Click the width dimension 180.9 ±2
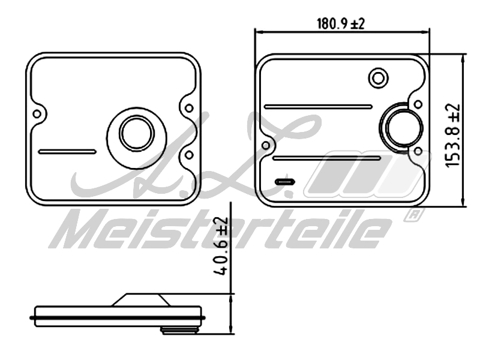click(x=341, y=24)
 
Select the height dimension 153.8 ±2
click(x=453, y=135)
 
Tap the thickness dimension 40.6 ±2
click(x=223, y=245)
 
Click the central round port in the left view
click(x=136, y=133)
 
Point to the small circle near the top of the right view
click(x=378, y=77)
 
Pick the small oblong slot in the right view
click(x=284, y=181)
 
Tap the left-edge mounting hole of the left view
click(x=37, y=113)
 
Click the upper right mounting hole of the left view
click(x=189, y=109)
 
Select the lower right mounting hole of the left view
click(x=189, y=155)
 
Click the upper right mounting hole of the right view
click(x=418, y=104)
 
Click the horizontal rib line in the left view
click(x=67, y=152)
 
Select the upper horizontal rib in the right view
click(x=318, y=107)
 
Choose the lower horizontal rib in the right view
click(x=326, y=158)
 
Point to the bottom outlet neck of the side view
click(x=179, y=329)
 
